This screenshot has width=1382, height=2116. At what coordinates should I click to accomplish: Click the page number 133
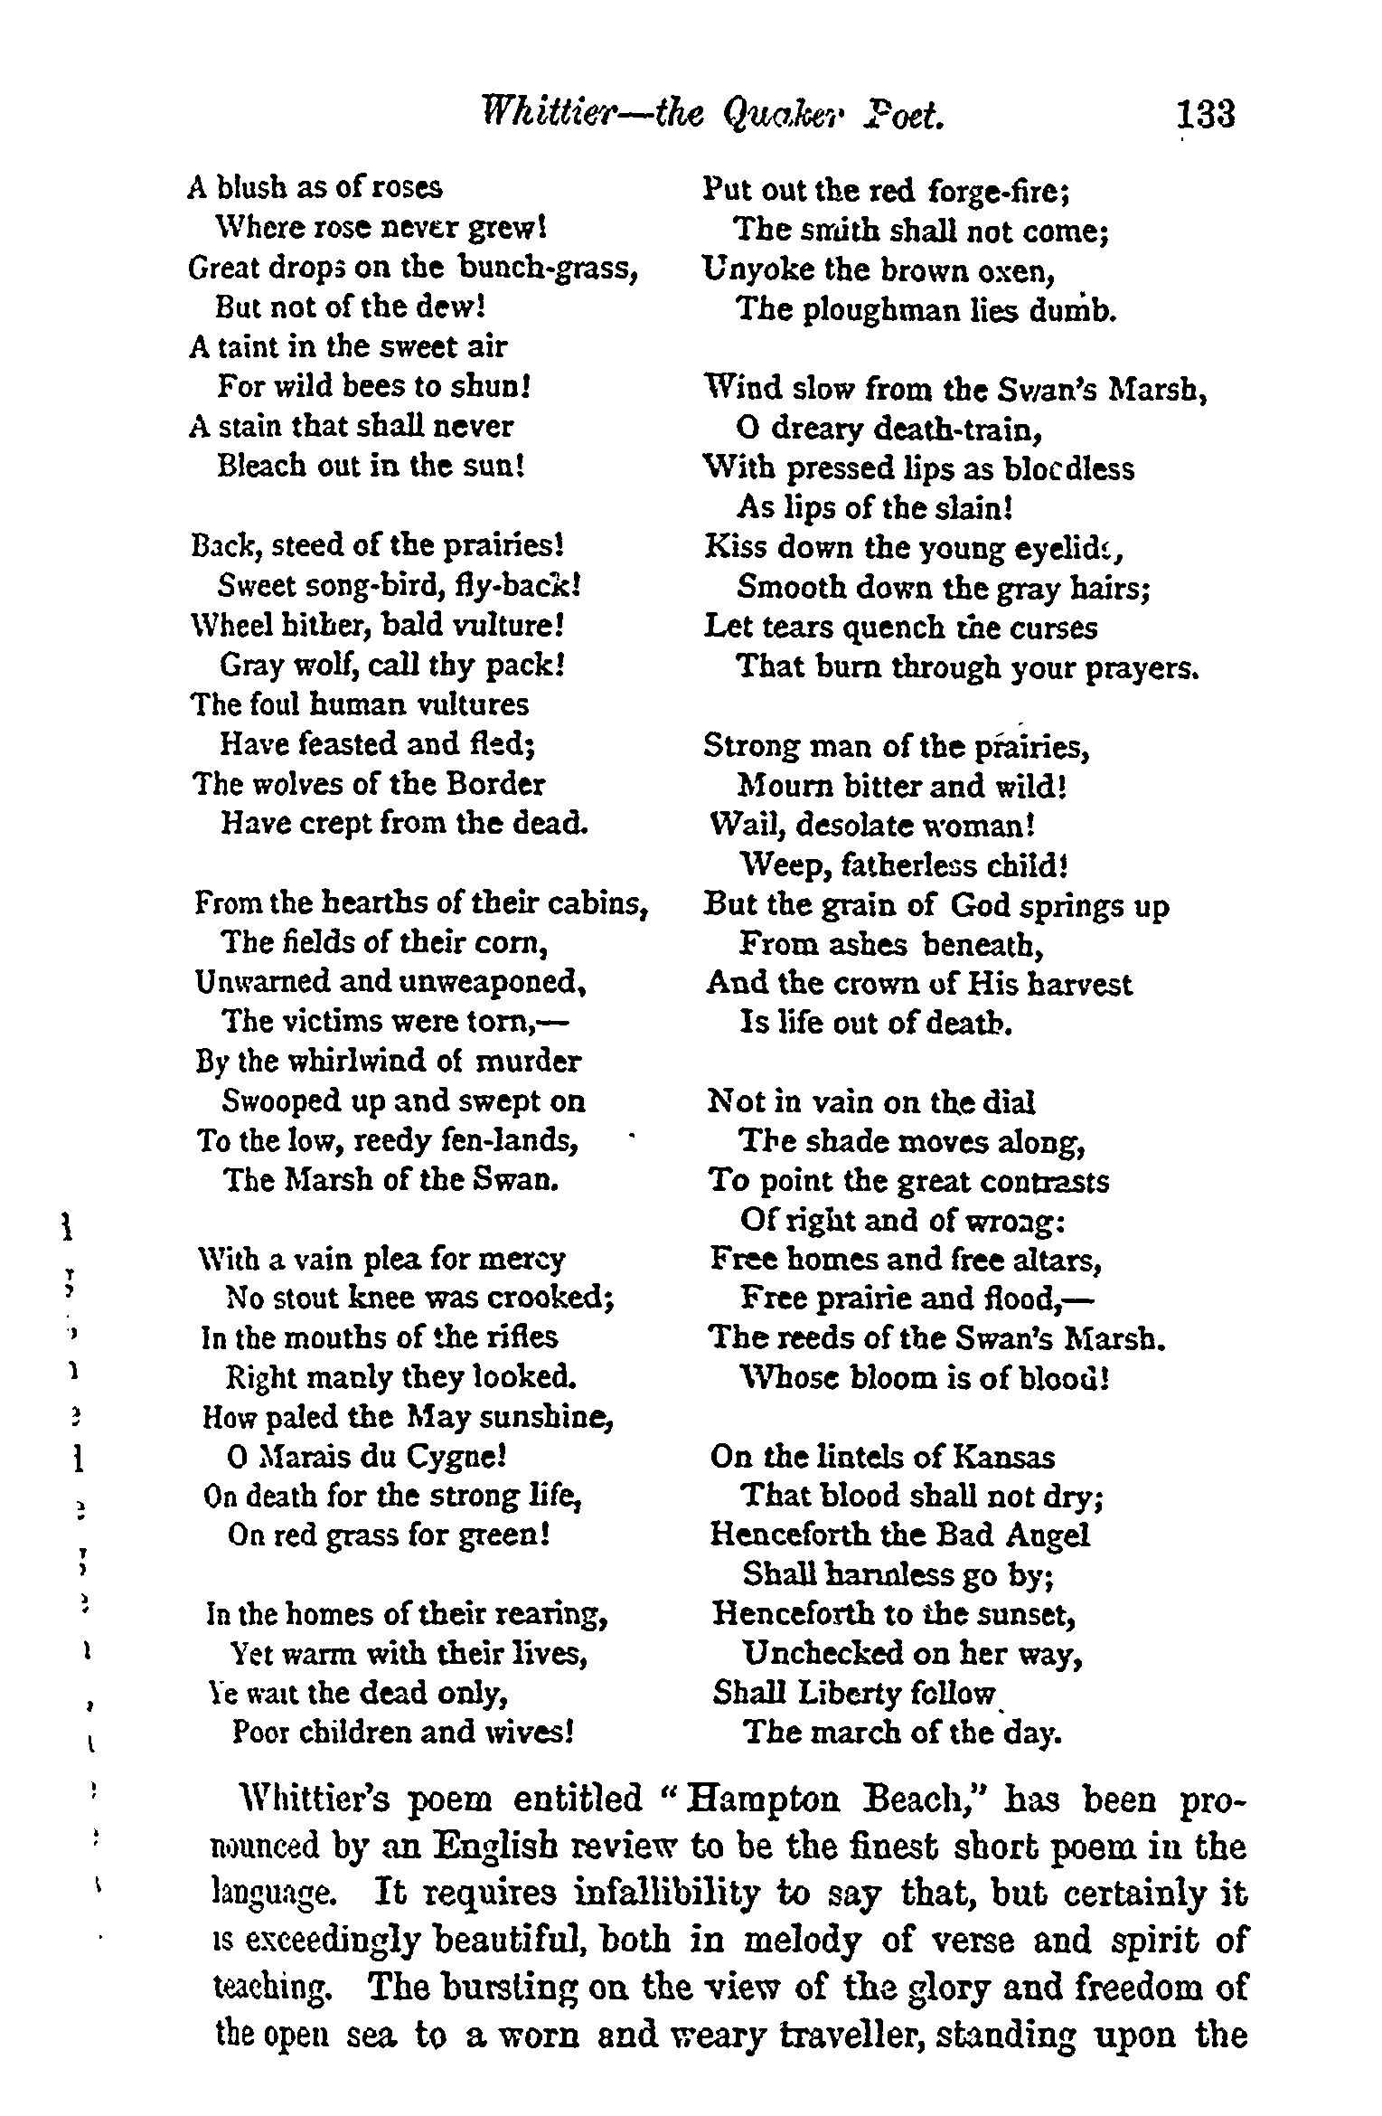point(1205,117)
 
